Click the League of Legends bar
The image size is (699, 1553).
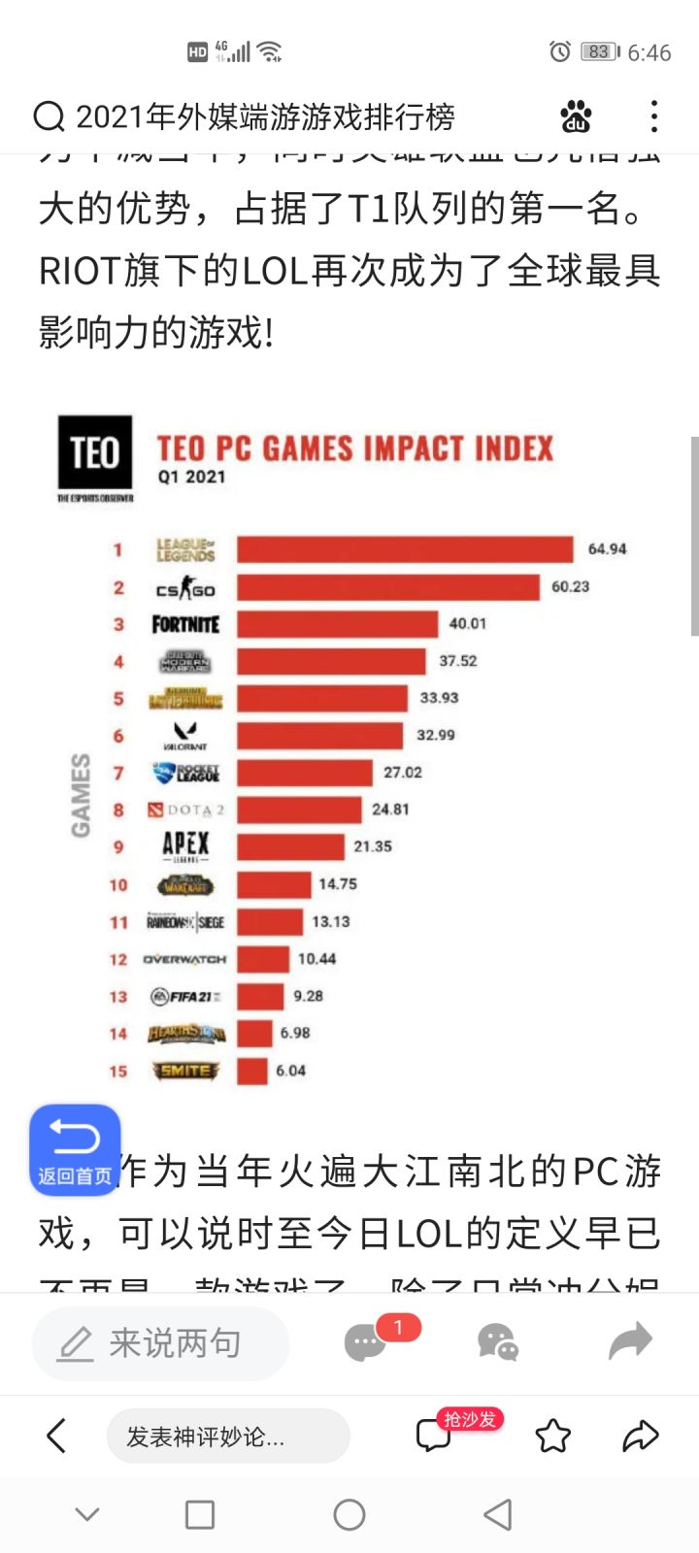(x=405, y=549)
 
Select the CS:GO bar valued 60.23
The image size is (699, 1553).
(x=388, y=587)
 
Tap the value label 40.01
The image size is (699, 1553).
(x=467, y=624)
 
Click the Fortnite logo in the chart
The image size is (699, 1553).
(x=185, y=624)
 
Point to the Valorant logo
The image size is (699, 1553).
(x=185, y=735)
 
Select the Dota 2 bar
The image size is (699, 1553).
(x=299, y=810)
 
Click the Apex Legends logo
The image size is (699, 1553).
(x=185, y=846)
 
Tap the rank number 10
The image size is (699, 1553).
(x=118, y=885)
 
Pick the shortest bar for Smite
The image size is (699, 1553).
(x=252, y=1071)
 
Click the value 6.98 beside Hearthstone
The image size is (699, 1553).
(x=295, y=1034)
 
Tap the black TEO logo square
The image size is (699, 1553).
(x=94, y=452)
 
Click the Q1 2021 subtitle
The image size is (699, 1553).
(x=191, y=477)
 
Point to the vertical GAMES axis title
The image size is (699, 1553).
(x=82, y=795)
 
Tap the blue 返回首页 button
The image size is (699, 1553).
(x=75, y=1150)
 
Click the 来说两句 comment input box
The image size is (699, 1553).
(x=160, y=1343)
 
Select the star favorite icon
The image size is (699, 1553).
(x=553, y=1436)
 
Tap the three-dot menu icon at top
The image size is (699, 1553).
(x=654, y=116)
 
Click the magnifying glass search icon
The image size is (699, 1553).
(x=49, y=116)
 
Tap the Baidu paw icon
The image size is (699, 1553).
(x=576, y=116)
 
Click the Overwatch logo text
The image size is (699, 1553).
(x=184, y=959)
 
